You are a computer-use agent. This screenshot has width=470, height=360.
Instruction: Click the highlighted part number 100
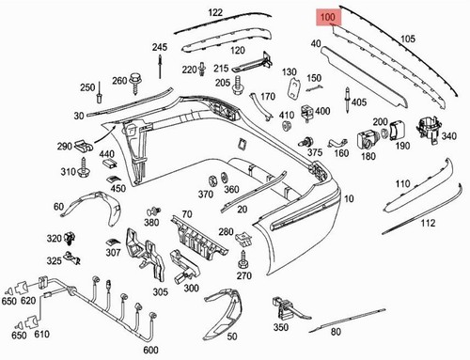pos(328,17)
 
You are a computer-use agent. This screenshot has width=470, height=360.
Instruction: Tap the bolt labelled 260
pos(136,83)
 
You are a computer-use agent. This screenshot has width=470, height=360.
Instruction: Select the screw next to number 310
pos(84,167)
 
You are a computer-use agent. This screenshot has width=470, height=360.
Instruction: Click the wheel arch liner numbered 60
pos(94,205)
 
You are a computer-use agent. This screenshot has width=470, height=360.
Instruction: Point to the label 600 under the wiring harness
pos(150,350)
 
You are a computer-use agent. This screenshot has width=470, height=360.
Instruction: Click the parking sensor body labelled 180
pos(367,140)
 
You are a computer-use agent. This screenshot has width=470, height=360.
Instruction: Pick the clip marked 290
pos(84,146)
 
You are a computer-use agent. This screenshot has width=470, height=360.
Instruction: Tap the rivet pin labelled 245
pos(160,67)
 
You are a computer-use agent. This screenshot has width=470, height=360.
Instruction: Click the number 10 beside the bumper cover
pos(349,198)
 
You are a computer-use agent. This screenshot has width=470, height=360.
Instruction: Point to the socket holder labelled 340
pos(428,130)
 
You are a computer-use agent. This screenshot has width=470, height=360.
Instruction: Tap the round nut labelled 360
pos(225,178)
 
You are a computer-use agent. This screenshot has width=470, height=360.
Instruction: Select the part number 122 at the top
pos(215,12)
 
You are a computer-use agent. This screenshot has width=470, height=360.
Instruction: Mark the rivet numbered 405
pos(347,99)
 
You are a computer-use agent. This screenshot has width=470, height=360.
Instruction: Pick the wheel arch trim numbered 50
pos(224,313)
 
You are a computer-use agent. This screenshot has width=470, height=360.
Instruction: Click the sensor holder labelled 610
pos(31,321)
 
